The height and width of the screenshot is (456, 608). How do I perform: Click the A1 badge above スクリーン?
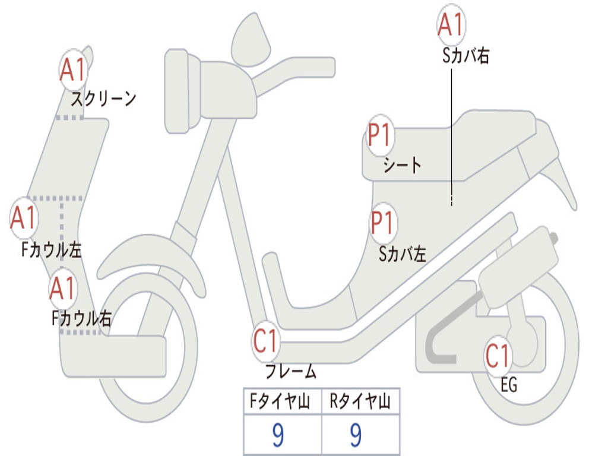coord(74,71)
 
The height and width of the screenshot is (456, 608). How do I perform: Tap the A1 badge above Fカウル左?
coord(24,218)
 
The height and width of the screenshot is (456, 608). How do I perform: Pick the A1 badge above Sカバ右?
coord(451,25)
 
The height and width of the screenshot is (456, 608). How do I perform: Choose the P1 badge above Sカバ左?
coord(383,224)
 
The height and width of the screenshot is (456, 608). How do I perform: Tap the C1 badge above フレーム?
coord(265,341)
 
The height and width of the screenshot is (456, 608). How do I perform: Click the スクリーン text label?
coord(104,99)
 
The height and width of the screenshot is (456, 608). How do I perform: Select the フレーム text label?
coord(290,372)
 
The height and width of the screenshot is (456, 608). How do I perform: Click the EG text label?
coord(509,385)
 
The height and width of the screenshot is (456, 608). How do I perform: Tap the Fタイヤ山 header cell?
coord(282,403)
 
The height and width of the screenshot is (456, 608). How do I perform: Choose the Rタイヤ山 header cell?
coord(360,403)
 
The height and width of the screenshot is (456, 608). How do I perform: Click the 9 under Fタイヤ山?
coord(277,435)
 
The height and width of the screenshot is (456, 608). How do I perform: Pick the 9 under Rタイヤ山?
coord(356,435)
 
